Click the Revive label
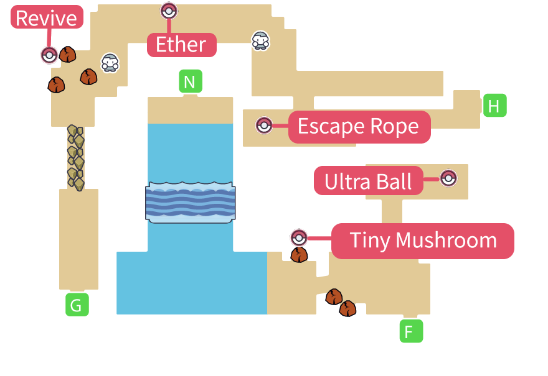click(47, 17)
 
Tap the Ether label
click(181, 45)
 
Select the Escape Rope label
click(359, 127)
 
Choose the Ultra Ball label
click(368, 181)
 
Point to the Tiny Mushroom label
click(423, 241)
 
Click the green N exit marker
click(191, 81)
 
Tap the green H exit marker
click(494, 106)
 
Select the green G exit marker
click(76, 305)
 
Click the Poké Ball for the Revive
click(49, 55)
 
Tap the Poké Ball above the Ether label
click(169, 11)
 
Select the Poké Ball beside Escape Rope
click(264, 125)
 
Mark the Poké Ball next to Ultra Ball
click(448, 178)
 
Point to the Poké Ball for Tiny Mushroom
click(299, 238)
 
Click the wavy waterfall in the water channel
click(191, 203)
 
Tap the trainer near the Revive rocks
click(110, 62)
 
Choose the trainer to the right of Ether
click(260, 40)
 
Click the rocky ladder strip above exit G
click(75, 158)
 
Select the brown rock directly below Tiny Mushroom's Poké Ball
click(300, 255)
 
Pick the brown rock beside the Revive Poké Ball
click(67, 55)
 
